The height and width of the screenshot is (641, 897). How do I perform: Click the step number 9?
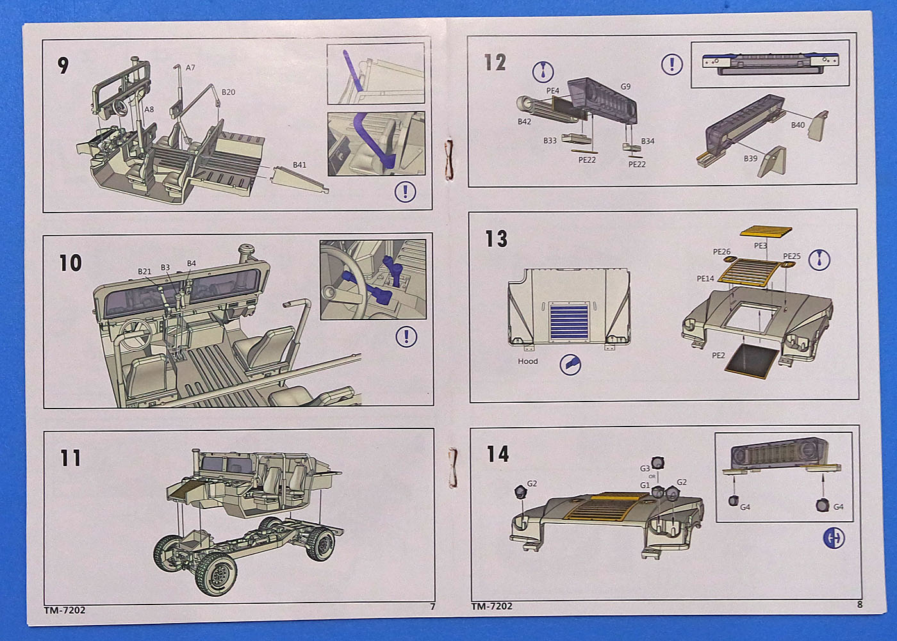pos(63,65)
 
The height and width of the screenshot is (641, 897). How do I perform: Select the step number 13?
pos(496,239)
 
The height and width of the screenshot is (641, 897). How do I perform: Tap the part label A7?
pos(190,68)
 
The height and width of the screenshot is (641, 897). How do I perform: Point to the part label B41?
pos(299,165)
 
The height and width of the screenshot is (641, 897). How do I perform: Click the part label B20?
pos(228,92)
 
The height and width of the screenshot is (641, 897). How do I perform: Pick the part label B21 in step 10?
pos(144,272)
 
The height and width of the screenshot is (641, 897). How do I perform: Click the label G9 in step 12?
pos(625,86)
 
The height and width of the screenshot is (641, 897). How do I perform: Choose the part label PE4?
pos(552,92)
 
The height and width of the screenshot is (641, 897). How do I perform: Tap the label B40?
pos(798,125)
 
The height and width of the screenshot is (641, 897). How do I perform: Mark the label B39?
pos(750,158)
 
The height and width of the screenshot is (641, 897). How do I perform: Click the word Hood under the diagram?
pos(528,361)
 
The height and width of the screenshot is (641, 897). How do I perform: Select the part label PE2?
pos(718,355)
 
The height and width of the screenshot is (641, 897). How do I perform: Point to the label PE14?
pos(705,279)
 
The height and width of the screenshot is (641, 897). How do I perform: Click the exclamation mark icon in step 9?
pos(405,191)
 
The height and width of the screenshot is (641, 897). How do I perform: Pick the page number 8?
pos(859,604)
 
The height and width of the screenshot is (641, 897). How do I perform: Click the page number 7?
pos(432,606)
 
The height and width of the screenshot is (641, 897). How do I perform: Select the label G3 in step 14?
pos(645,469)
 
